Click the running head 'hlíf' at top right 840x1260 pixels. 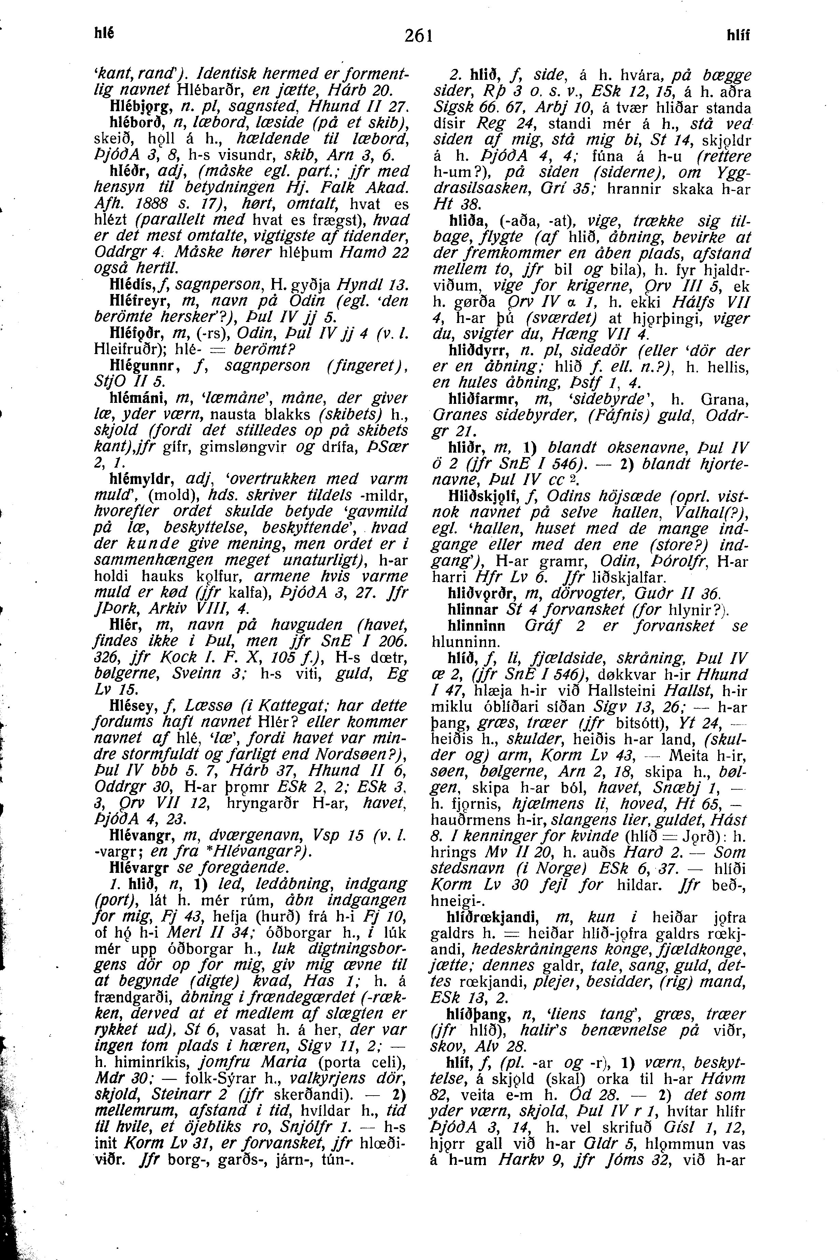pos(738,36)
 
